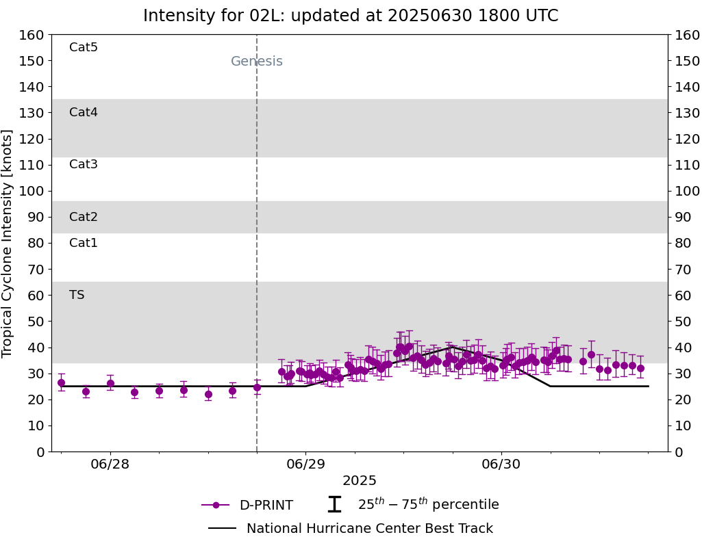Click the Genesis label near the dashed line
[256, 62]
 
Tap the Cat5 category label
[84, 47]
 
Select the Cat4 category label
[84, 112]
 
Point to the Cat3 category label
[84, 164]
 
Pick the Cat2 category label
[84, 217]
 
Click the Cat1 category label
[84, 243]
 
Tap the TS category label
[77, 295]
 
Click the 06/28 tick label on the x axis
[110, 464]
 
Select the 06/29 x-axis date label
[305, 464]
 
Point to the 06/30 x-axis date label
[501, 464]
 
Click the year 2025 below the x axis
[360, 481]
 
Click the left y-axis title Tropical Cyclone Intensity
[8, 243]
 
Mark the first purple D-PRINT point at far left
[61, 383]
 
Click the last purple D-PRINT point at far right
[640, 368]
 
